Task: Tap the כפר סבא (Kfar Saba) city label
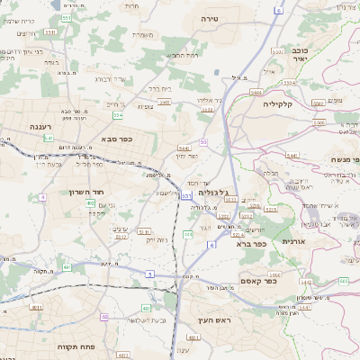coord(118,139)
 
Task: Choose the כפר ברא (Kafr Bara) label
coord(253,243)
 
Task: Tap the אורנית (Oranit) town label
coord(295,241)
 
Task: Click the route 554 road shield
coord(118,115)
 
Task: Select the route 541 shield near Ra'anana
coord(49,138)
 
